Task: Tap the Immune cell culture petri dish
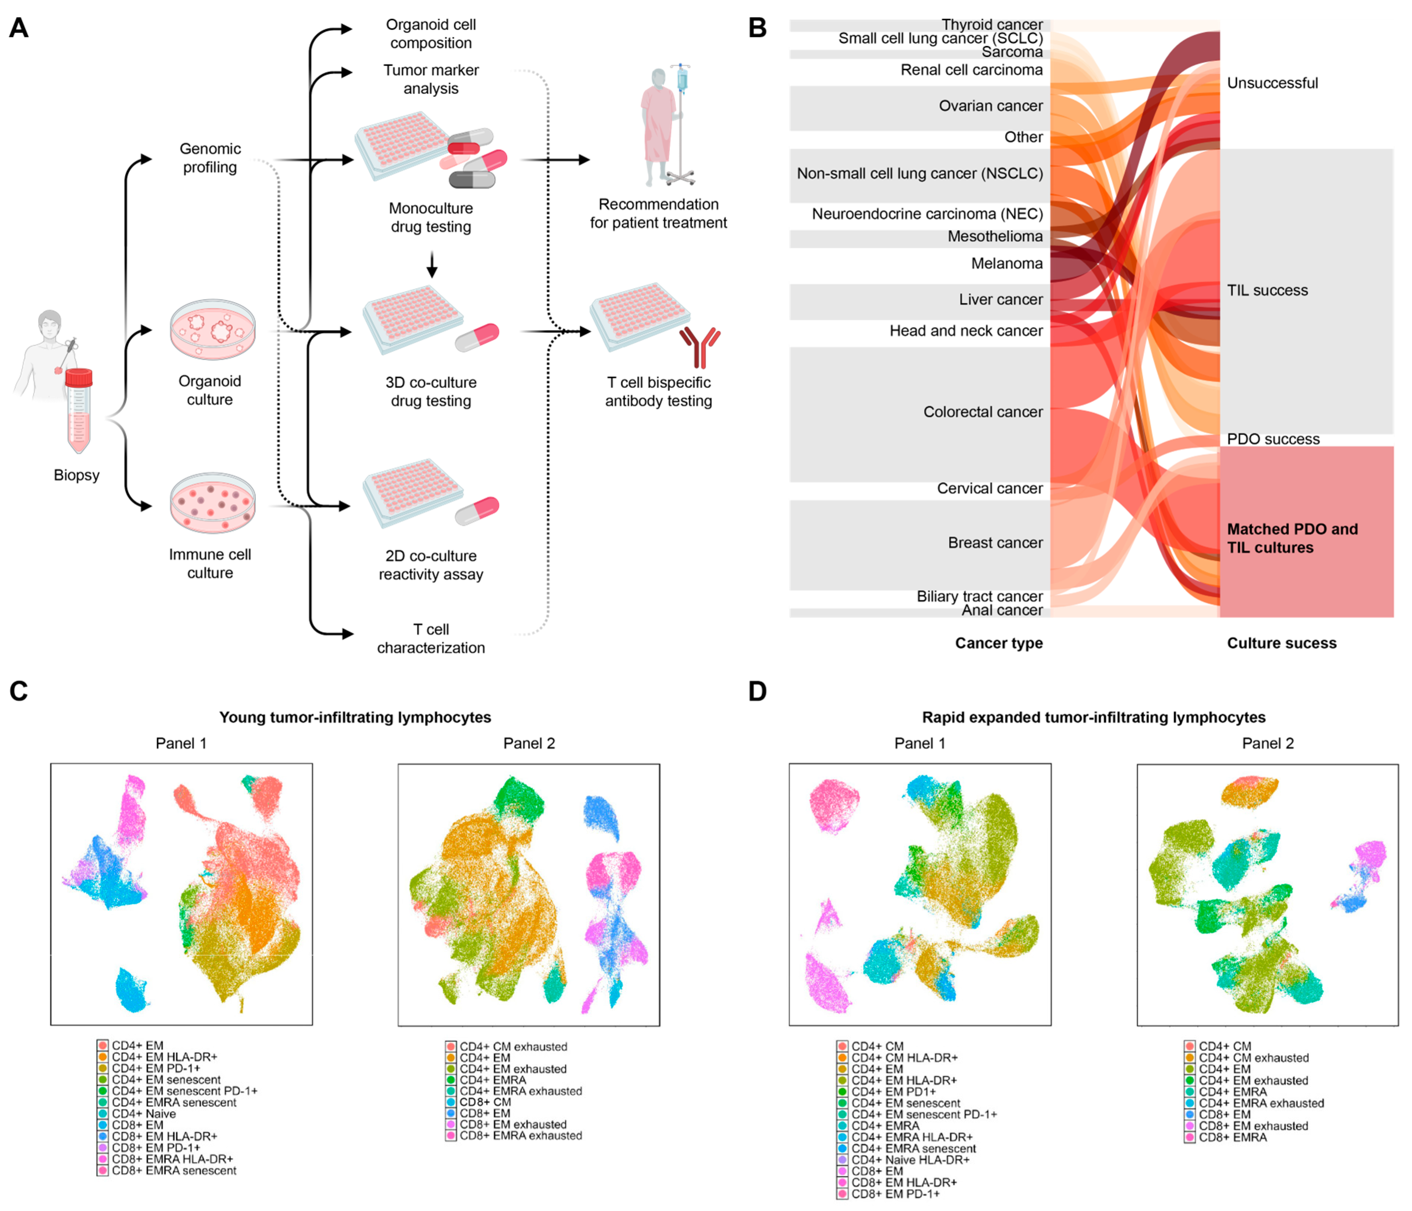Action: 213,503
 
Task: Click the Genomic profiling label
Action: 210,158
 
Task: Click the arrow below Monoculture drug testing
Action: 431,265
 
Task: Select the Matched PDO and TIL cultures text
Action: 1292,538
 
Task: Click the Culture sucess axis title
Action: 1281,643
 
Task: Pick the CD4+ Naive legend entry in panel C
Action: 144,1113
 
